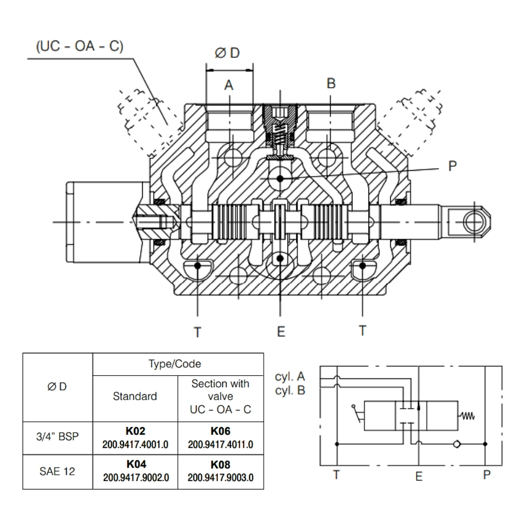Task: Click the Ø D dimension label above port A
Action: click(228, 53)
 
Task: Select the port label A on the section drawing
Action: click(228, 85)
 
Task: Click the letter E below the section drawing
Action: click(280, 332)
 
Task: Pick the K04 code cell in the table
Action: click(135, 471)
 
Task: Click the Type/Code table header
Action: click(178, 364)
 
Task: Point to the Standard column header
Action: click(135, 397)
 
